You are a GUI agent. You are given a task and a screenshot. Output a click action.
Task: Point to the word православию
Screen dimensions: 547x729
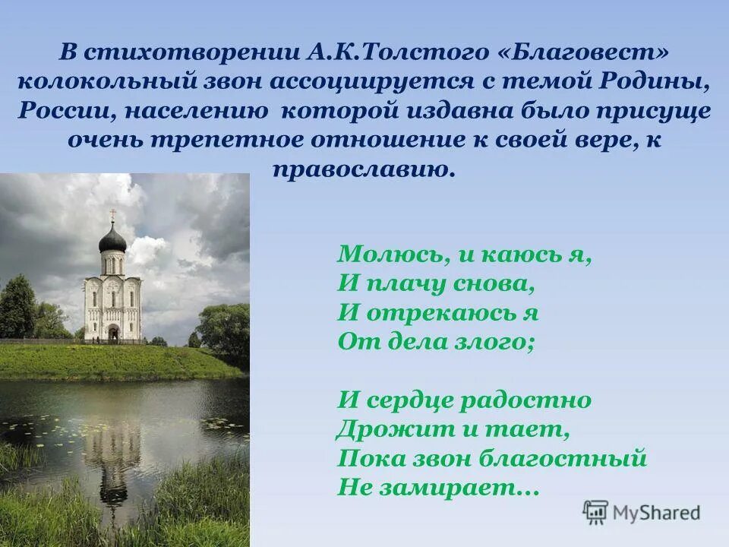[x=364, y=169]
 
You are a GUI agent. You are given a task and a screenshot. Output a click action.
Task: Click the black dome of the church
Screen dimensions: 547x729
[x=112, y=239]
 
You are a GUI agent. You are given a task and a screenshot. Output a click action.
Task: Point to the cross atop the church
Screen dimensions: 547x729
[x=112, y=215]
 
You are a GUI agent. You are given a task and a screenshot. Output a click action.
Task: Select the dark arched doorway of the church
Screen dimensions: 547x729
[x=113, y=333]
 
